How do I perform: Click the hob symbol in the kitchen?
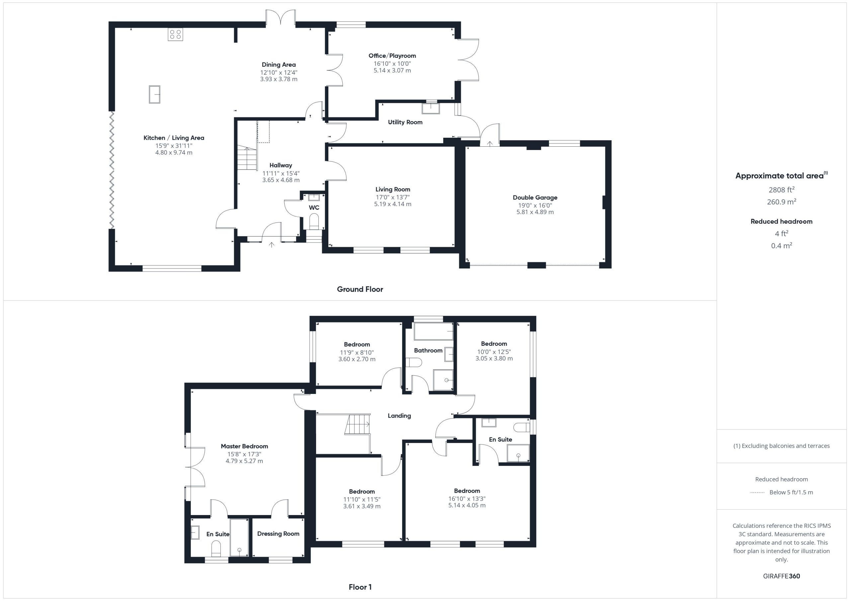pyautogui.click(x=175, y=35)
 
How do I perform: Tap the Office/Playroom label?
pyautogui.click(x=392, y=55)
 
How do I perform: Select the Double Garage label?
pyautogui.click(x=535, y=197)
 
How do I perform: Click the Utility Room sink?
pyautogui.click(x=431, y=109)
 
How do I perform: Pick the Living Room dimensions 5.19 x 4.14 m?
pyautogui.click(x=392, y=204)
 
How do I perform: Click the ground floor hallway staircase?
pyautogui.click(x=247, y=158)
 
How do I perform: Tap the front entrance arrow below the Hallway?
pyautogui.click(x=271, y=245)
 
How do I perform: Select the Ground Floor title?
pyautogui.click(x=360, y=289)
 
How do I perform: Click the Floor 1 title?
pyautogui.click(x=360, y=587)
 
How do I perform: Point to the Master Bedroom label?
pyautogui.click(x=244, y=446)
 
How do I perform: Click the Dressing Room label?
pyautogui.click(x=278, y=534)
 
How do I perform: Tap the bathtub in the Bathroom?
pyautogui.click(x=434, y=331)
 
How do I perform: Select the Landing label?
pyautogui.click(x=399, y=415)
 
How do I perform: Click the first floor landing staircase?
pyautogui.click(x=358, y=424)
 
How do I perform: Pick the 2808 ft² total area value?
pyautogui.click(x=781, y=189)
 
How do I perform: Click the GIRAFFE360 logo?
pyautogui.click(x=782, y=576)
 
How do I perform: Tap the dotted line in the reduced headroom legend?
pyautogui.click(x=757, y=492)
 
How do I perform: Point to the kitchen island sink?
pyautogui.click(x=154, y=94)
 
